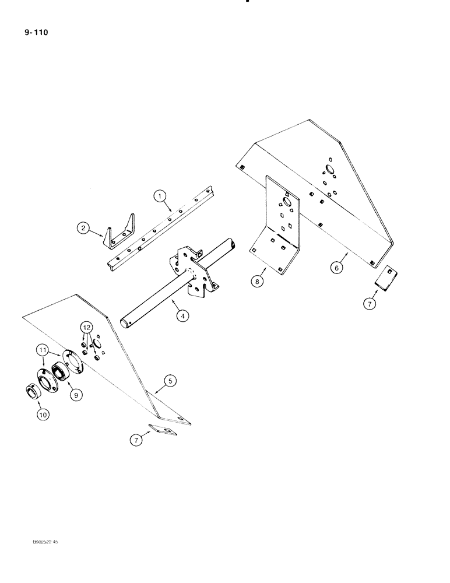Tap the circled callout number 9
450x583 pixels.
(x=76, y=394)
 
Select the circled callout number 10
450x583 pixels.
(x=44, y=415)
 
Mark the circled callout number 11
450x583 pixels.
(x=41, y=351)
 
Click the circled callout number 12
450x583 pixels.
(x=86, y=328)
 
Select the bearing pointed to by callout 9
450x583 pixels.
(x=60, y=372)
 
